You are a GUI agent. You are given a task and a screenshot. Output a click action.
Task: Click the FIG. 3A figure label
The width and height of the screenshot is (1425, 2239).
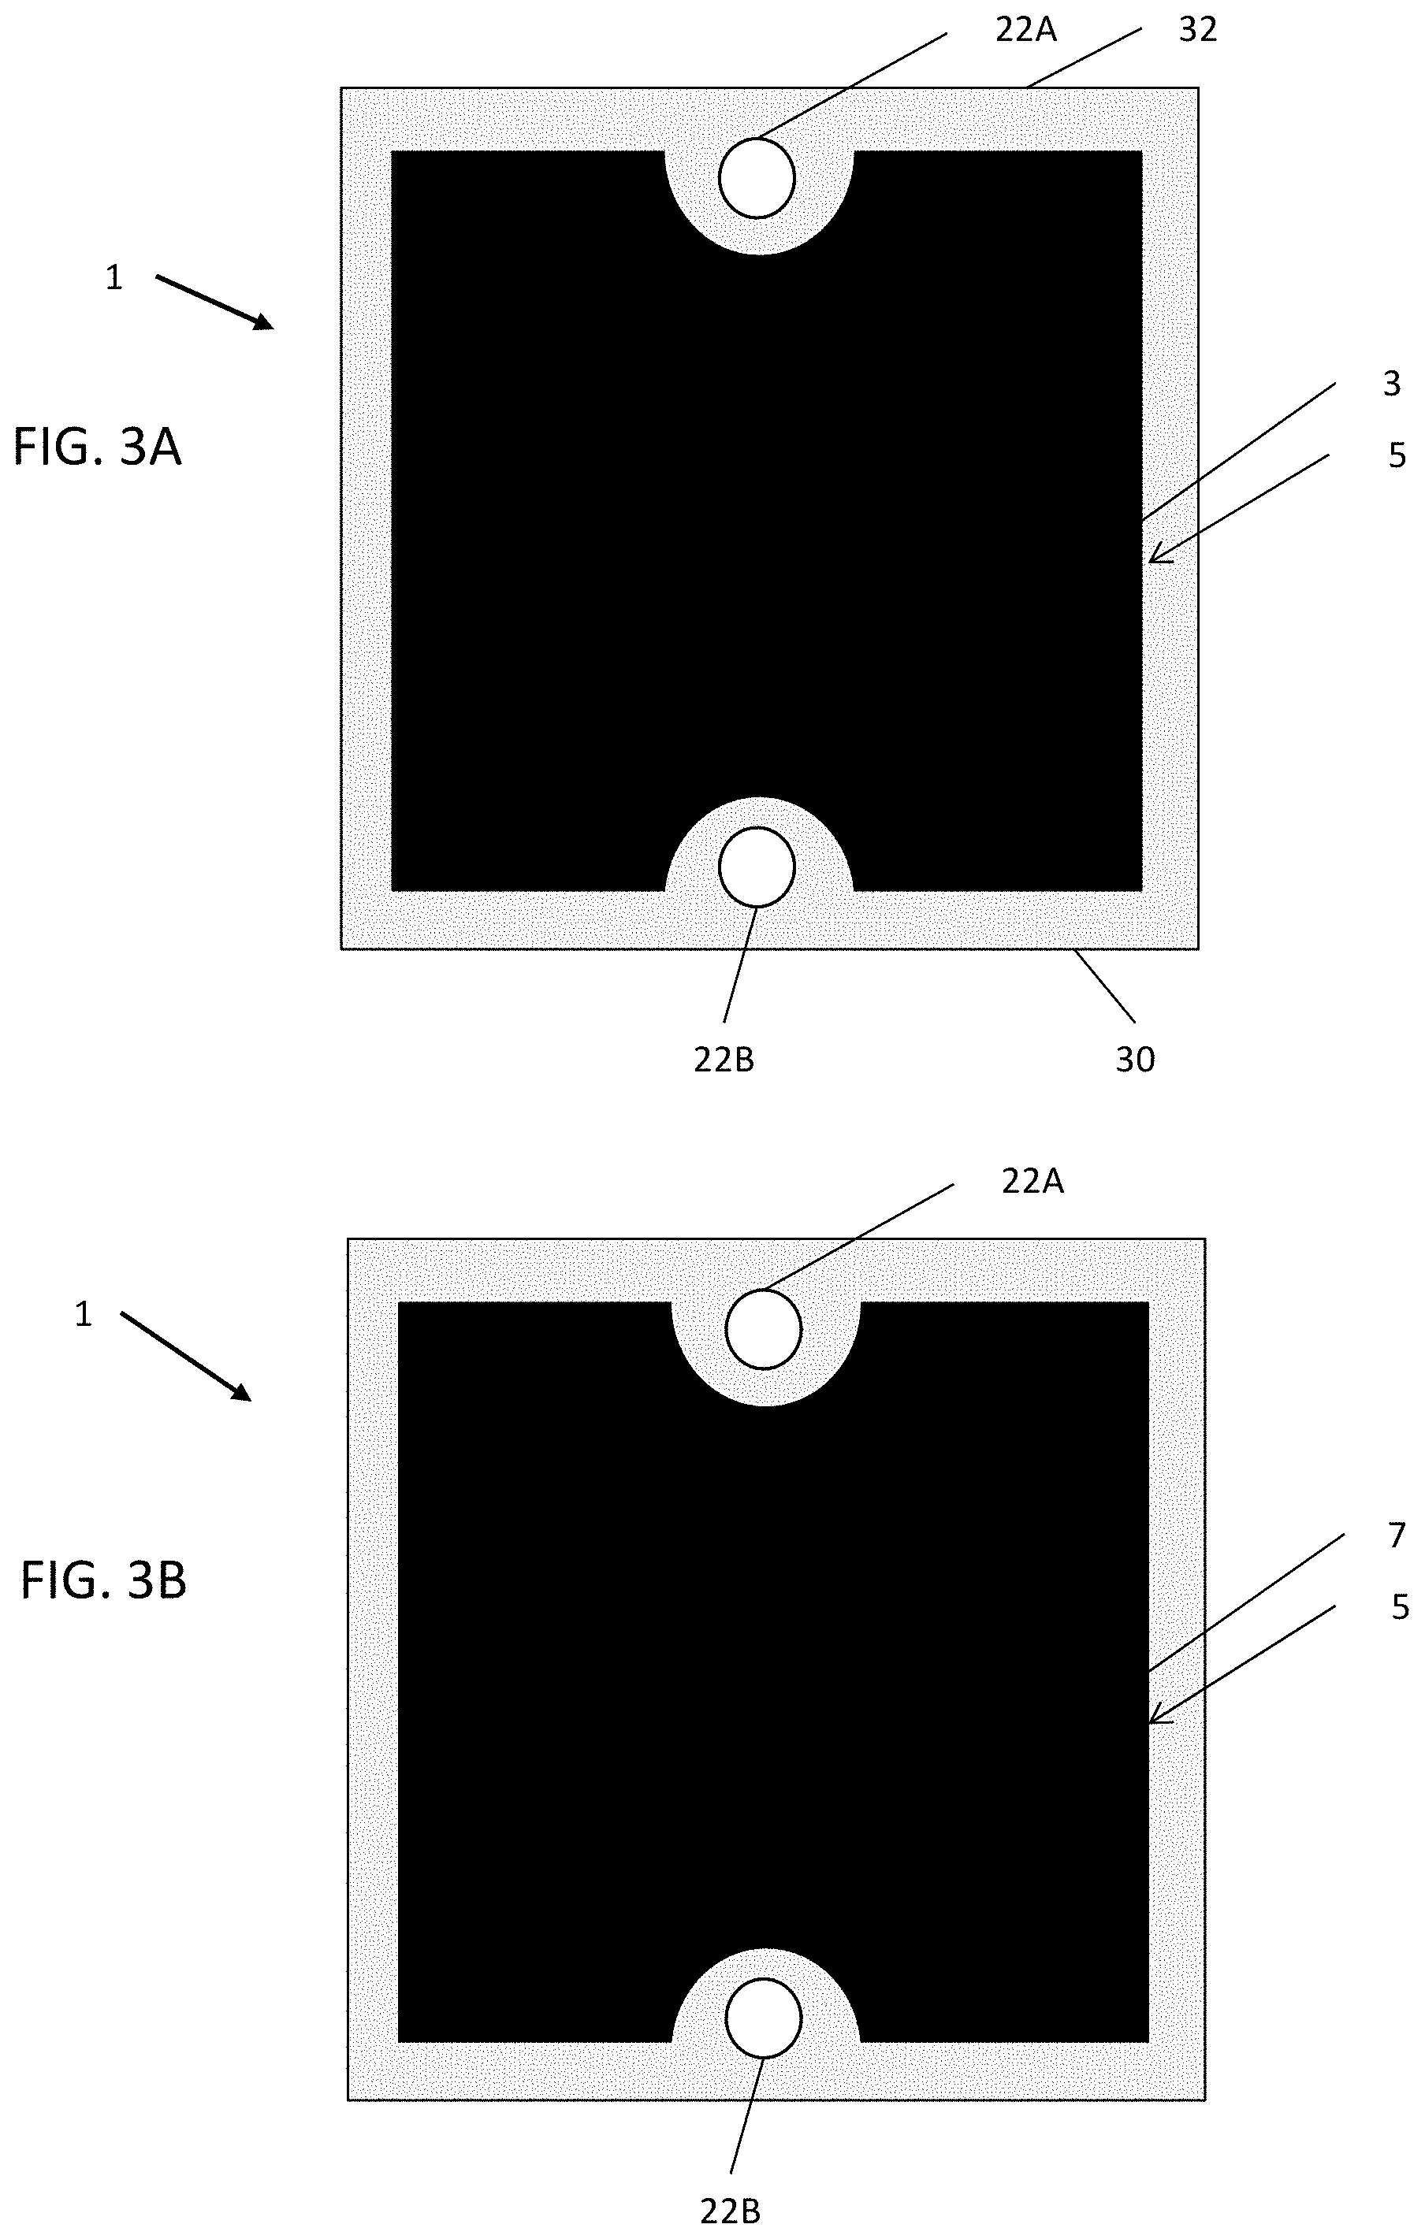[x=98, y=447]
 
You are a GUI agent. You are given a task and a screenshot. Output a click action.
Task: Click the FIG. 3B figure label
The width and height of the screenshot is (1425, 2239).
[x=103, y=1580]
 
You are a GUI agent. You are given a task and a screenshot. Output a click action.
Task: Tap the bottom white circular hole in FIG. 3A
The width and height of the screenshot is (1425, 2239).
[x=757, y=866]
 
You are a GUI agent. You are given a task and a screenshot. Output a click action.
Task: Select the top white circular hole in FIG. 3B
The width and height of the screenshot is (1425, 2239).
[x=764, y=1329]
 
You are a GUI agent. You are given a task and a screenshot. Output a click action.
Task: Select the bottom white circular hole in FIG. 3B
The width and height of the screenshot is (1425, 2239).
[x=764, y=2018]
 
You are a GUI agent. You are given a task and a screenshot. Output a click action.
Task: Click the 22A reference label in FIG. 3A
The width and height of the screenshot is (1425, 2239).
[x=1026, y=31]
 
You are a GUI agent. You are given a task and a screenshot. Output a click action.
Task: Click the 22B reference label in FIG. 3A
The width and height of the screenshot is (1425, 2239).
[x=724, y=1059]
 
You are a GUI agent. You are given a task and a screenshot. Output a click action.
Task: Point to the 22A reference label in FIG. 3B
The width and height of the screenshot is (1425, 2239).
[x=1032, y=1181]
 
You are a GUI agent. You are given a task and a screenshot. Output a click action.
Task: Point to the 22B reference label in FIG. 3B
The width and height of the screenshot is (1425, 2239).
[x=730, y=2211]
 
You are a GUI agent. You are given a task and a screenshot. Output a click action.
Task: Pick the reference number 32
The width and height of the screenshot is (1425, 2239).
[x=1197, y=31]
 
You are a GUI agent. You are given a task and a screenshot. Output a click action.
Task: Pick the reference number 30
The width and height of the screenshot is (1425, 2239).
[x=1135, y=1059]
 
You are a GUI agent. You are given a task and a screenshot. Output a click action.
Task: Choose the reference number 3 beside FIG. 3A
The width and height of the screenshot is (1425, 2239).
[x=1392, y=384]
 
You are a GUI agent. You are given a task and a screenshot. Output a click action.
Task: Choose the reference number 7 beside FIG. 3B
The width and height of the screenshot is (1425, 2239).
[x=1396, y=1536]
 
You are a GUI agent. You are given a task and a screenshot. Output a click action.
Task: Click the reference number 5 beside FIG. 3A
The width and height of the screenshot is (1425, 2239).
[x=1396, y=455]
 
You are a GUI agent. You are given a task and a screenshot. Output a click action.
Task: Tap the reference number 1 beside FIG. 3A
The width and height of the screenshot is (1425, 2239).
[x=113, y=278]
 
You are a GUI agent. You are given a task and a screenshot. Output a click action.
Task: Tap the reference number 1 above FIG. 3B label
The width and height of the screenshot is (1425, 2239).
[x=84, y=1314]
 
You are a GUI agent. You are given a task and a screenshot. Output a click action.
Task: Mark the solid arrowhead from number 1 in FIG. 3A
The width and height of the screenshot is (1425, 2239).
[x=266, y=323]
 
